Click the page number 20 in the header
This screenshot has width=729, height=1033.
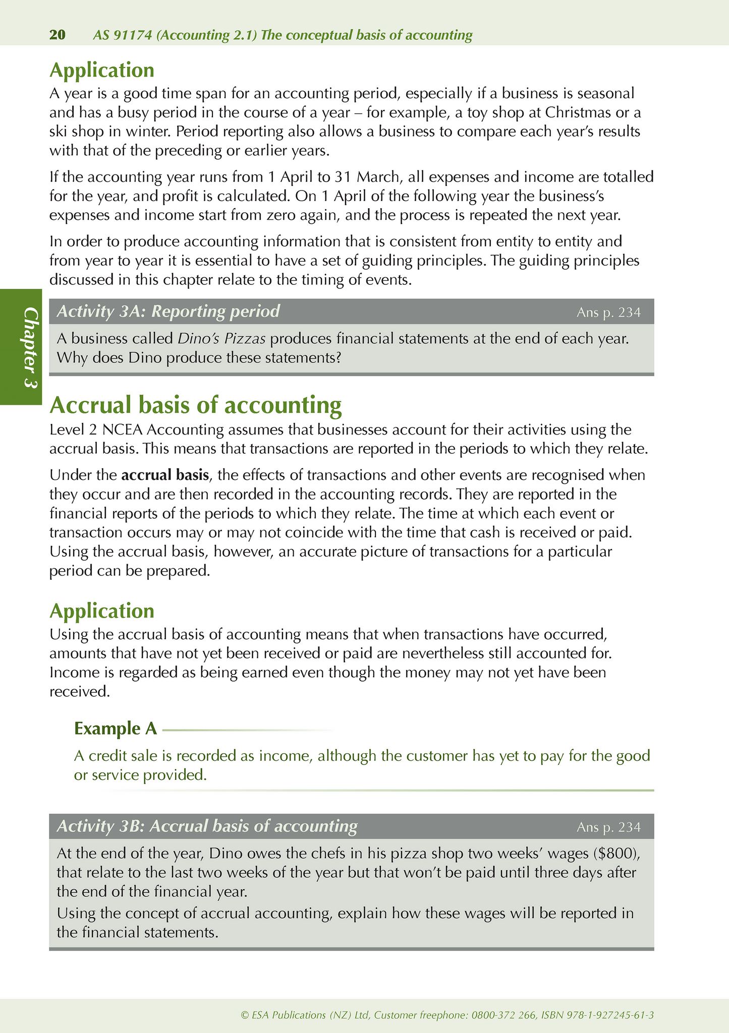(58, 35)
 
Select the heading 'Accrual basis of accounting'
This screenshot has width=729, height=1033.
(196, 405)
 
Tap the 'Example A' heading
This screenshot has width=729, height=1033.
(116, 728)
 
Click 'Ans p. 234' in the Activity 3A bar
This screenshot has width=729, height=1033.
(608, 313)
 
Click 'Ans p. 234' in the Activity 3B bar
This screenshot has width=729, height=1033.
(608, 827)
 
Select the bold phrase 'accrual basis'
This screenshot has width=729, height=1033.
(165, 475)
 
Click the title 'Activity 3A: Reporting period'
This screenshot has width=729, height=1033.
(168, 312)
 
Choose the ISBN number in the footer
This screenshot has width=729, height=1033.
(609, 1014)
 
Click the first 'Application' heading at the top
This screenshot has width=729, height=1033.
(102, 70)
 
